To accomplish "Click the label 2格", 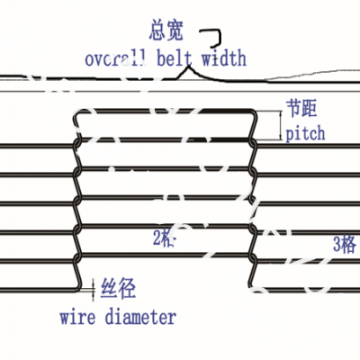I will coord(164,238).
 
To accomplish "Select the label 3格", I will coord(341,242).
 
